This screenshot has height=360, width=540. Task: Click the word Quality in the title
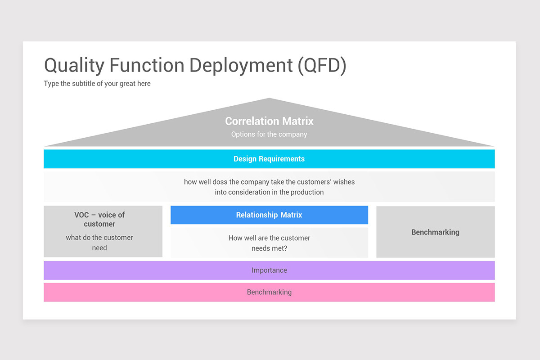(74, 65)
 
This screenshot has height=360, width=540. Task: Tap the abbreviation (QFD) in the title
(322, 66)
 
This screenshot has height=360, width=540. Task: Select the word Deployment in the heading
(241, 66)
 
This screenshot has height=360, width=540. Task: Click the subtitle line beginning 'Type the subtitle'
(97, 83)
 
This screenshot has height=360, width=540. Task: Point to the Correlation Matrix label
(269, 121)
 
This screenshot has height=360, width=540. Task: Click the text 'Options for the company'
(269, 134)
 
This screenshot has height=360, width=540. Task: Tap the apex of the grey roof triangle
(269, 98)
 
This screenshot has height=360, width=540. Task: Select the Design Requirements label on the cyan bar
(269, 159)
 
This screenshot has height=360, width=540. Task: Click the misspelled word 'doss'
(220, 182)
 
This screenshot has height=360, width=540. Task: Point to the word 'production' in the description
(307, 192)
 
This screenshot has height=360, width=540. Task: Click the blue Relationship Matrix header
(269, 215)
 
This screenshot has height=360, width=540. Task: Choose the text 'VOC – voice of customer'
(99, 219)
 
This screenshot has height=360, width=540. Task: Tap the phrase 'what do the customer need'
(99, 243)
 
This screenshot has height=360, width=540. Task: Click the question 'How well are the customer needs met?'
(269, 243)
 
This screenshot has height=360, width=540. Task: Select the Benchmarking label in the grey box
(436, 232)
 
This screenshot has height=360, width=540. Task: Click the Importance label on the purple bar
(269, 270)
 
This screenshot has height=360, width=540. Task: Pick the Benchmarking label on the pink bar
(269, 292)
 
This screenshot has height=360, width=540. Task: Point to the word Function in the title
(147, 65)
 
